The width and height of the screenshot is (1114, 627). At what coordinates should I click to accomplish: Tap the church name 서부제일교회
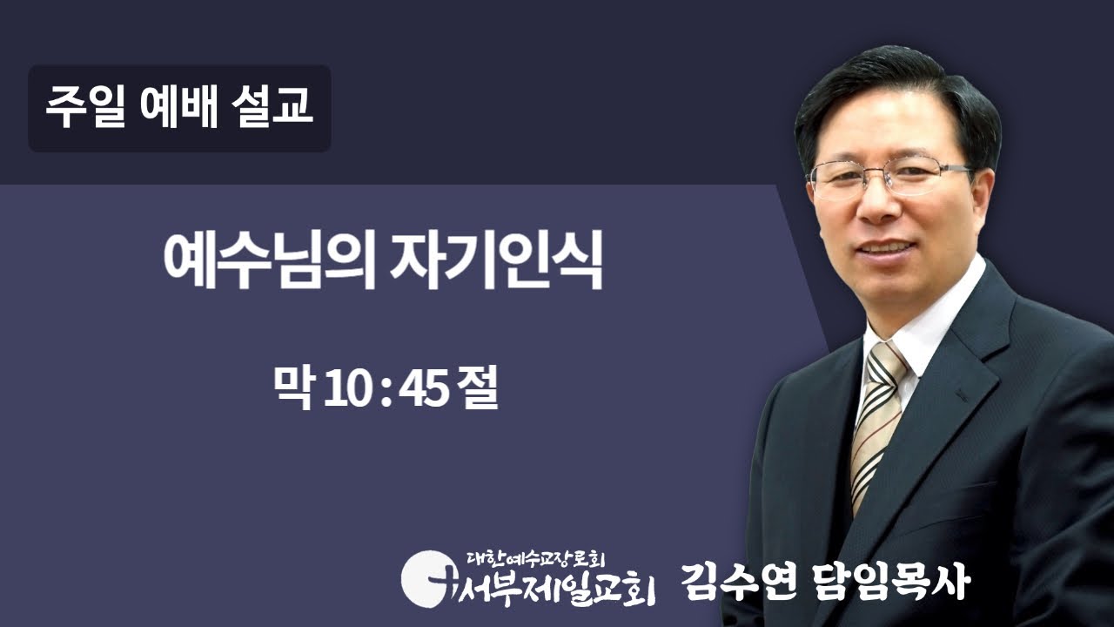click(x=557, y=585)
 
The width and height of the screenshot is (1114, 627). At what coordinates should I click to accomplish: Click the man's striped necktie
click(x=877, y=418)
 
